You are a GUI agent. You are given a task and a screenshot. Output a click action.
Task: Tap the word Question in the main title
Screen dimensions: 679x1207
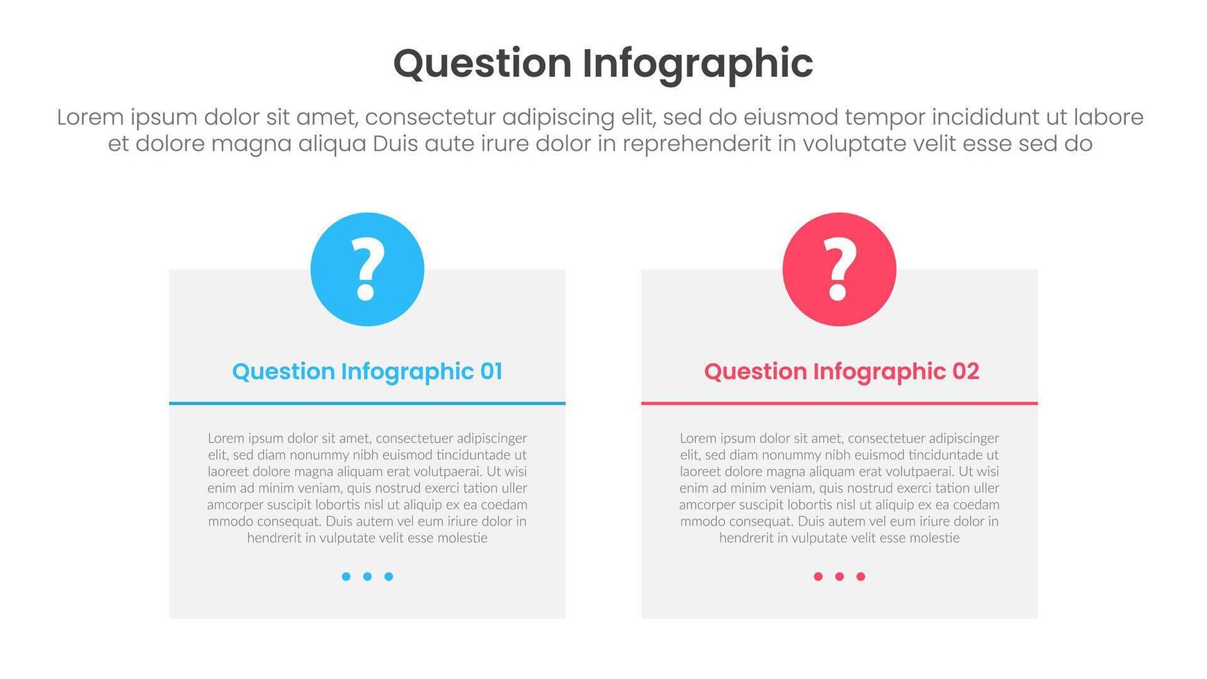tap(482, 64)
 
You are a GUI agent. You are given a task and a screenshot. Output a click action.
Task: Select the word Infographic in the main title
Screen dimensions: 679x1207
tap(697, 64)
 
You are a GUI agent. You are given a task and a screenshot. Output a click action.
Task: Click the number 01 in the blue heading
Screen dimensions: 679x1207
tap(491, 371)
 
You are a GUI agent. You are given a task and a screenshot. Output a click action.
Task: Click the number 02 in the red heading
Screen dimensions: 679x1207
tap(965, 371)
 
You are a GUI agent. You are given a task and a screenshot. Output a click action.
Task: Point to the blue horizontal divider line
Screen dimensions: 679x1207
tap(367, 403)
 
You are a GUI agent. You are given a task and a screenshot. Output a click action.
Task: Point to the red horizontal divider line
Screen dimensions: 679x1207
tap(839, 403)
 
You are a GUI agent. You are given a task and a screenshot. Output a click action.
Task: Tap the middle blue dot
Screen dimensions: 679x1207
tap(367, 576)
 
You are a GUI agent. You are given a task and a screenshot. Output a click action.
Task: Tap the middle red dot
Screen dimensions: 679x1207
tap(839, 576)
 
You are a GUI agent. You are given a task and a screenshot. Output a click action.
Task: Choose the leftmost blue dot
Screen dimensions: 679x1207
tap(346, 576)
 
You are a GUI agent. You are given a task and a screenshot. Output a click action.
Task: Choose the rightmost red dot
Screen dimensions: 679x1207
tap(861, 576)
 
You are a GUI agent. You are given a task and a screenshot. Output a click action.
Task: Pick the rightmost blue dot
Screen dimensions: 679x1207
tap(389, 576)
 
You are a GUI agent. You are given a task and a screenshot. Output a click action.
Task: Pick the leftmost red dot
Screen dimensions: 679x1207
tap(818, 576)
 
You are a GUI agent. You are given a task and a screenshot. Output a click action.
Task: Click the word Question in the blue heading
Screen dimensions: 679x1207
tap(283, 372)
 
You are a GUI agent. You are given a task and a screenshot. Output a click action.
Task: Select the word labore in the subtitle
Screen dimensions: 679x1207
tap(1108, 117)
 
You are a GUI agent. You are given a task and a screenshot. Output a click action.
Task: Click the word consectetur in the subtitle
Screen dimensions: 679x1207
tap(430, 117)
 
